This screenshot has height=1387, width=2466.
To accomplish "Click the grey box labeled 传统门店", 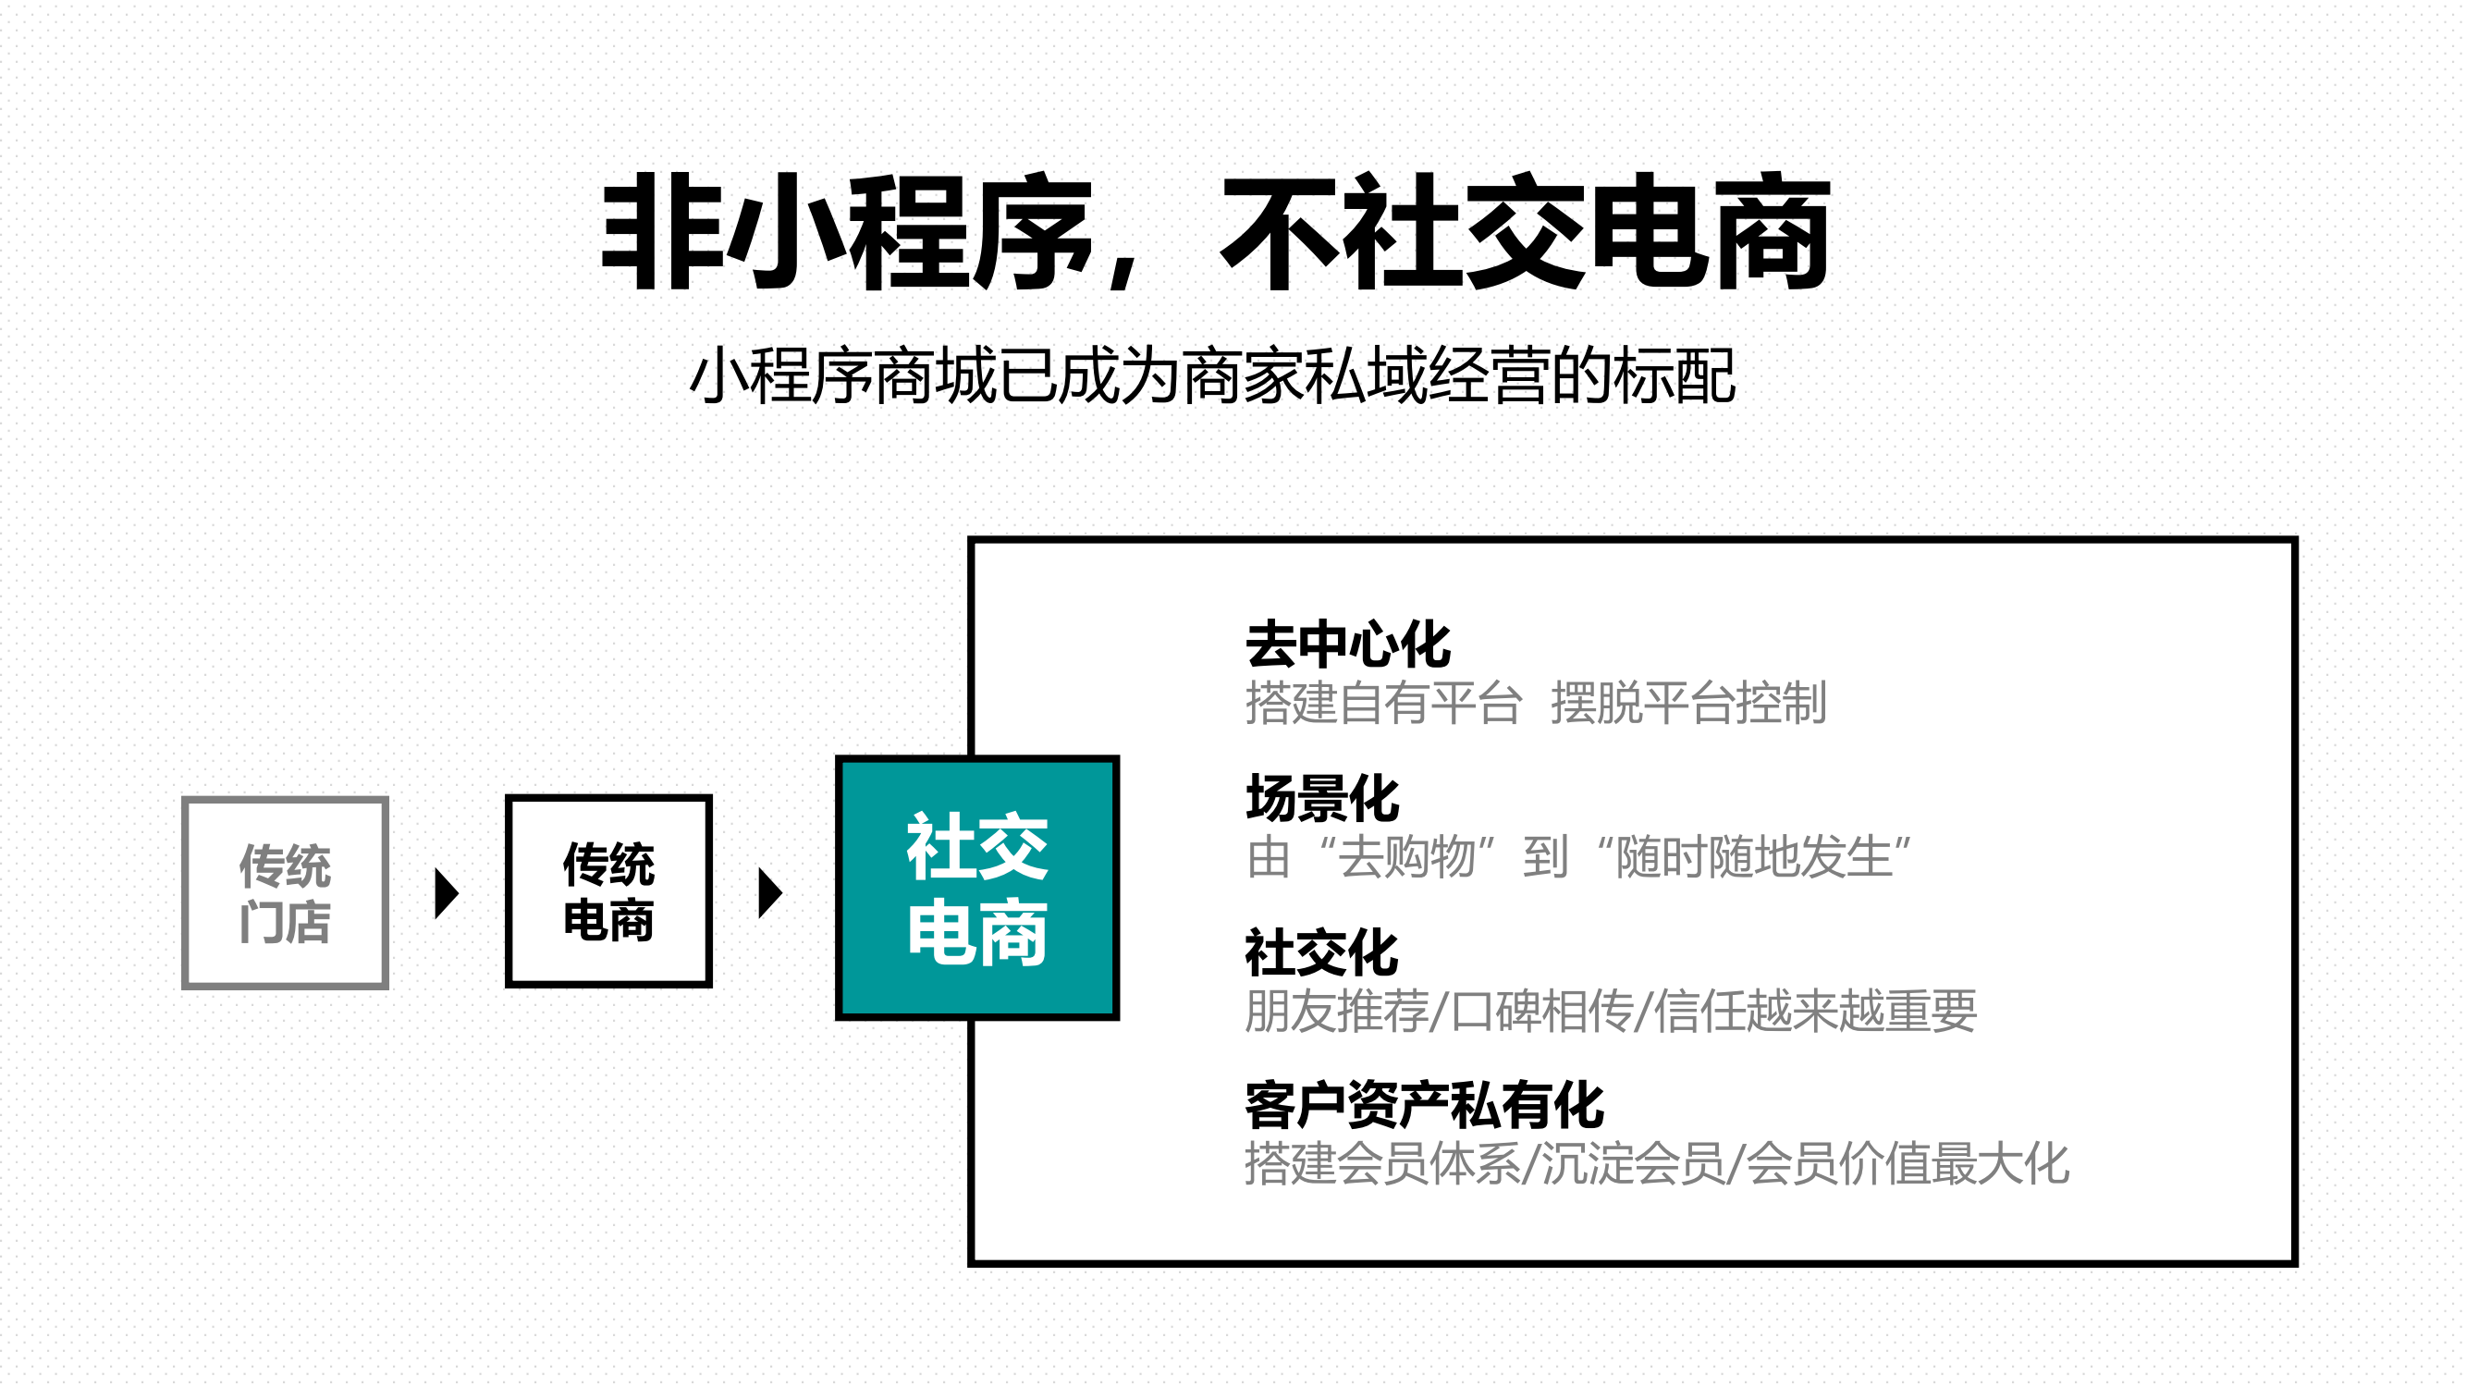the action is coord(286,892).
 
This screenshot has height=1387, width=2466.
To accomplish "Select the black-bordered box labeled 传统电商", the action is coord(607,890).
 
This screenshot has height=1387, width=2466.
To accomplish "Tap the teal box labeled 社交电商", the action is coord(976,888).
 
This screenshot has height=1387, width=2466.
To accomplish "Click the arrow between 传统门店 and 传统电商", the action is coord(446,893).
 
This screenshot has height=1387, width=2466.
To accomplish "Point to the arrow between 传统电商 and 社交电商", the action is coord(769,893).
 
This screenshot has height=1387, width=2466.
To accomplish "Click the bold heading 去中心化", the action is coord(1347,644).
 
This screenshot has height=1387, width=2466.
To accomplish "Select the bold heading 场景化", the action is coord(1322,798).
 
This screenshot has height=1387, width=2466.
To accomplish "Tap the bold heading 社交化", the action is coord(1321,952).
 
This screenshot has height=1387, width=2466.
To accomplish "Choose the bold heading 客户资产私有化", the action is coord(1424,1106).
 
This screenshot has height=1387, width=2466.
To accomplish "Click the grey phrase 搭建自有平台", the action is coord(1383,704).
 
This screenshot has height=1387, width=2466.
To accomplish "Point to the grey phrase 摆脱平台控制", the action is coord(1688,704).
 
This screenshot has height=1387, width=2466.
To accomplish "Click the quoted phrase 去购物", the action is coord(1406,857).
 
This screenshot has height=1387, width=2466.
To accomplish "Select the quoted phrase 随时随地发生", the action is coord(1754,857).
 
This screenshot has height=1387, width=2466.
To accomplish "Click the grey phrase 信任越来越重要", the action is coord(1814,1011).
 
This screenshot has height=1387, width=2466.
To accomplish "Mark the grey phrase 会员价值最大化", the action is coord(1908,1164).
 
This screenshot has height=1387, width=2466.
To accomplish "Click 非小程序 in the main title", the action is coord(847,233).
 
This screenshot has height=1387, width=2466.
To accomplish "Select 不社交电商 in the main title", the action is coord(1525,233).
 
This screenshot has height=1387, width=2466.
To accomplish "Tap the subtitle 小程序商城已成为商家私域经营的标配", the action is coord(1212,376).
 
